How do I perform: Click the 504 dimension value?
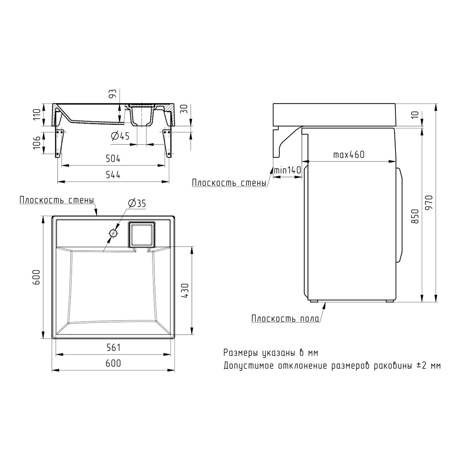click(x=113, y=159)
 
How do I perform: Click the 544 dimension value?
click(x=113, y=175)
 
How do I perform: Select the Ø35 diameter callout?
click(x=137, y=203)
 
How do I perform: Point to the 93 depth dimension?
click(x=113, y=93)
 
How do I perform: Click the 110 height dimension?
click(x=37, y=115)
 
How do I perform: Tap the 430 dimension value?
click(x=185, y=290)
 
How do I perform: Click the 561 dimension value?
click(x=113, y=348)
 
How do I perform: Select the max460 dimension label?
click(x=349, y=154)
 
